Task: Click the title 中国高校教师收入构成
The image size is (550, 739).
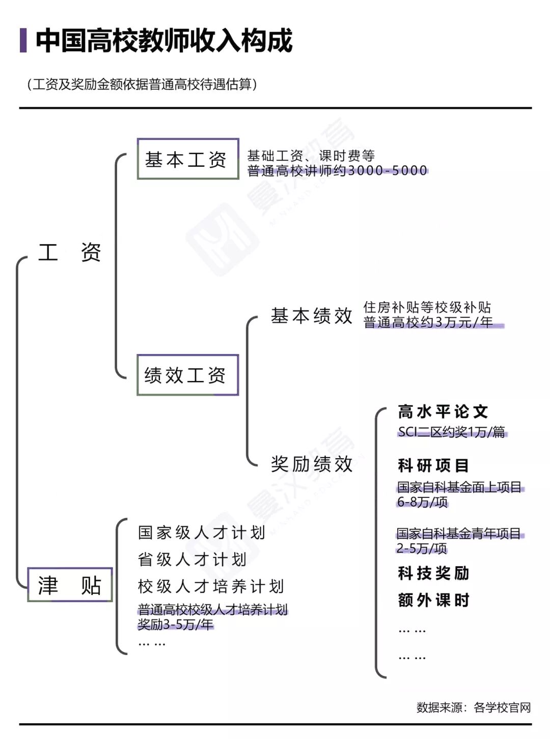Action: click(164, 41)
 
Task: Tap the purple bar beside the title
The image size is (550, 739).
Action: click(23, 41)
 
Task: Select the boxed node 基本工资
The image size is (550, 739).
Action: click(187, 159)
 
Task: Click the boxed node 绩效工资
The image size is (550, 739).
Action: click(187, 375)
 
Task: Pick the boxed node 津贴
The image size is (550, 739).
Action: click(70, 585)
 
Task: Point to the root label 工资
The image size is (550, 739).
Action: click(70, 252)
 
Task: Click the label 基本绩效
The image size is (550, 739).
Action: click(312, 316)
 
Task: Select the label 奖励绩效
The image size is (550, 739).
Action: click(312, 464)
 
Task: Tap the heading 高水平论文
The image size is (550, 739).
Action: click(443, 411)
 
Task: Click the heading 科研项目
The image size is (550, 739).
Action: click(433, 465)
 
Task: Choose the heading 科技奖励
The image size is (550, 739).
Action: click(433, 573)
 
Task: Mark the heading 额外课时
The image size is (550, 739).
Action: click(433, 600)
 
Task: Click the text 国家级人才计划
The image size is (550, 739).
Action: click(202, 533)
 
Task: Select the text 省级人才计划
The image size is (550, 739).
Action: click(192, 559)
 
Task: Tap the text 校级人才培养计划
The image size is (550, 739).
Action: click(211, 586)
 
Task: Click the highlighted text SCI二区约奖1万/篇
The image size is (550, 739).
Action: click(452, 432)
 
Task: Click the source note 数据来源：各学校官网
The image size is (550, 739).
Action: click(474, 707)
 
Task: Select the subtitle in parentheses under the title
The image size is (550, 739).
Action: click(142, 84)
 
